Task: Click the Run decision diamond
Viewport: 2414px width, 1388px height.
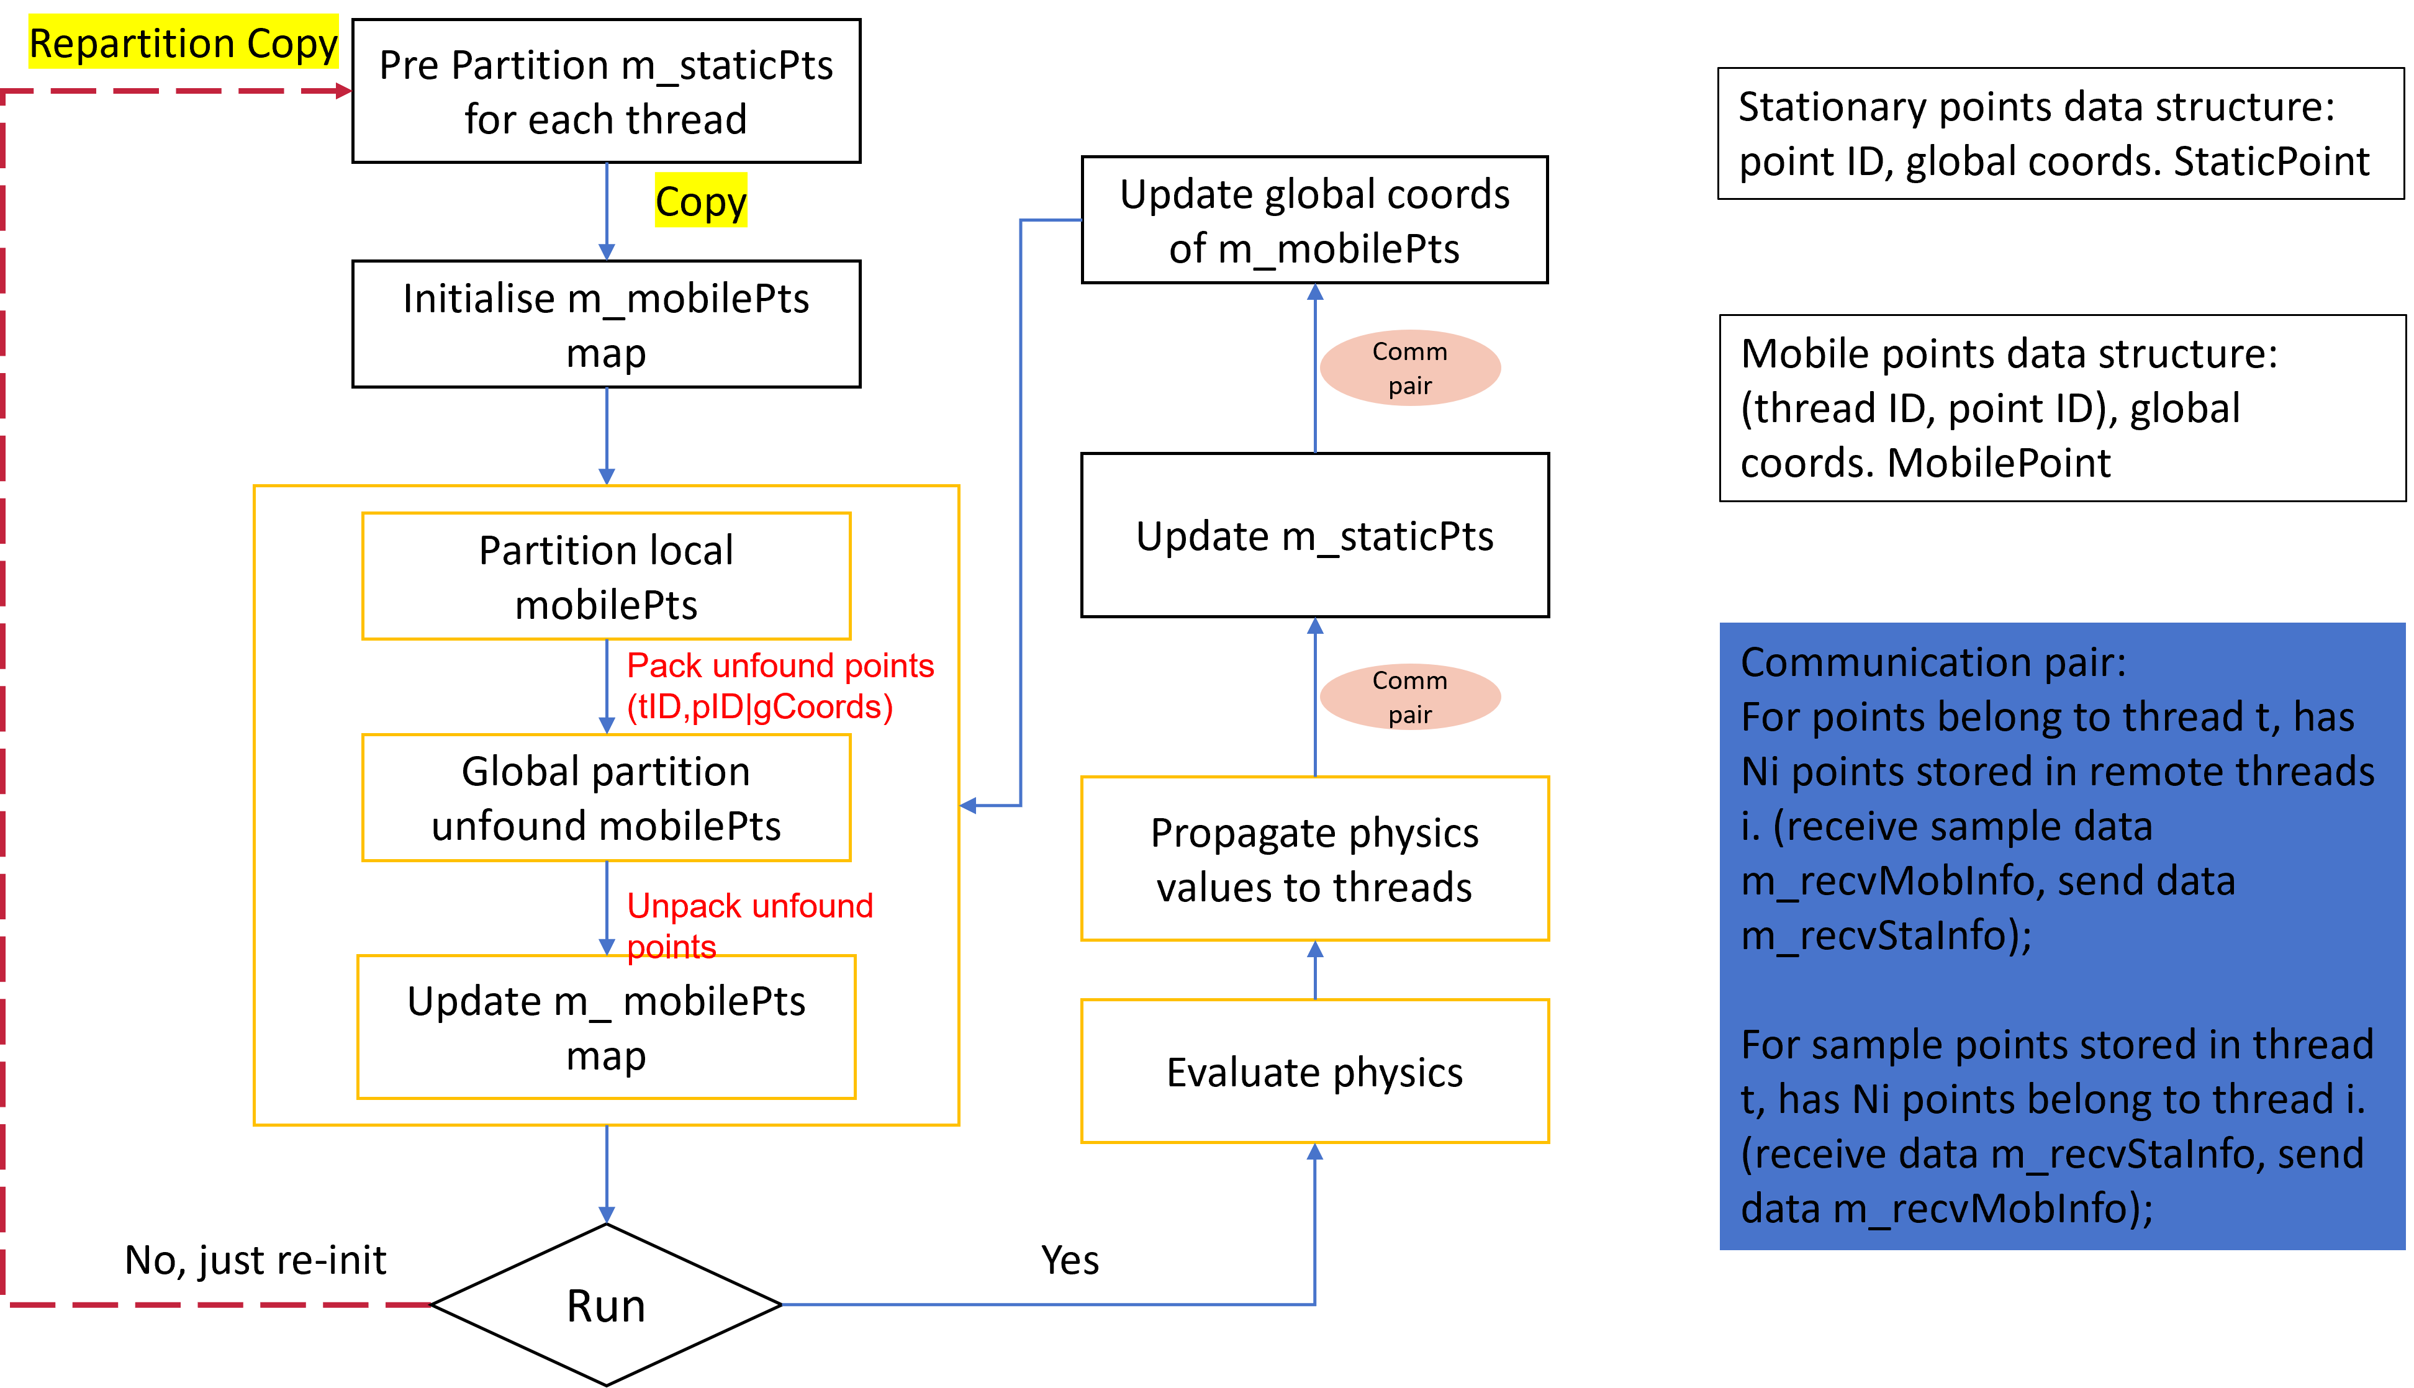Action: [x=607, y=1304]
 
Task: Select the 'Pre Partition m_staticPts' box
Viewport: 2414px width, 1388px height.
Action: [x=607, y=91]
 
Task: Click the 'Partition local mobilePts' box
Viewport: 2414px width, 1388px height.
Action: [x=607, y=577]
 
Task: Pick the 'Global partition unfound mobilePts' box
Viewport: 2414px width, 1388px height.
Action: [x=607, y=798]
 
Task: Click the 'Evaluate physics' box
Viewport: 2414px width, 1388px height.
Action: [x=1315, y=1071]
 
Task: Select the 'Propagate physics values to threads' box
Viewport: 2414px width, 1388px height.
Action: [x=1315, y=859]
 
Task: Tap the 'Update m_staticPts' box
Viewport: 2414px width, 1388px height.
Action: [x=1315, y=535]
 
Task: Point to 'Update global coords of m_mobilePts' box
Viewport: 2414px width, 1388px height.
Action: [x=1315, y=220]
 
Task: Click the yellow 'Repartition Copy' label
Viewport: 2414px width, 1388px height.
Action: [x=183, y=43]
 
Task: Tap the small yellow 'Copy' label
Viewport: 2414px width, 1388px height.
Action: [x=701, y=200]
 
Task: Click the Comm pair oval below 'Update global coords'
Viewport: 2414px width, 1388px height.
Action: [x=1410, y=368]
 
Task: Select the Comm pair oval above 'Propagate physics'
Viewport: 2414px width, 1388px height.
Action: [x=1410, y=697]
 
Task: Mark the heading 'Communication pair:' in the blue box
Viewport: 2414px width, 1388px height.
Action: [x=1933, y=662]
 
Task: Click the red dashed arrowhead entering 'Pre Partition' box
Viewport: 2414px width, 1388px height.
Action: [x=343, y=91]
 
